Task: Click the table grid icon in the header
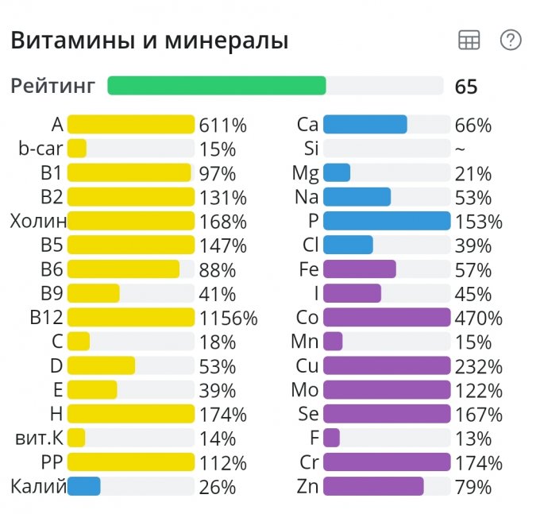[x=469, y=41]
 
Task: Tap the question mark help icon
[x=511, y=41]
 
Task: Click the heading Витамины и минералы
[x=149, y=41]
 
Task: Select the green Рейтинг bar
[x=217, y=86]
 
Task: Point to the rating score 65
[x=466, y=87]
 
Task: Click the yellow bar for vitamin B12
[x=131, y=318]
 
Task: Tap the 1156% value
[x=229, y=319]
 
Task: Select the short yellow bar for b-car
[x=77, y=149]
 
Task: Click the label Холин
[x=38, y=221]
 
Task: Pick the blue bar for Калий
[x=84, y=486]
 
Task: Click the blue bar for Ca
[x=365, y=125]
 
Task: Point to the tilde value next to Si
[x=460, y=149]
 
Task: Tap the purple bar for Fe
[x=360, y=269]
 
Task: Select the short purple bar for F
[x=332, y=438]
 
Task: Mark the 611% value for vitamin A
[x=223, y=125]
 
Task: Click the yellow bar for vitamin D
[x=101, y=365]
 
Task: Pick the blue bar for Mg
[x=337, y=173]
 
